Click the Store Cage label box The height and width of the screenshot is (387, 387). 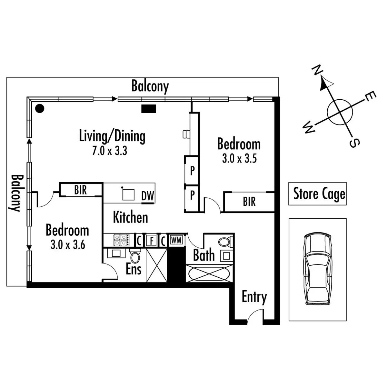(x=317, y=194)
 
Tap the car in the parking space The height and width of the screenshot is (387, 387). (x=318, y=269)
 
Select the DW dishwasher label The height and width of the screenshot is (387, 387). (x=148, y=196)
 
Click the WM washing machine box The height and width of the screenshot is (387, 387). (x=176, y=240)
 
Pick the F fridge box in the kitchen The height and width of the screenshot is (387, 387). (x=151, y=241)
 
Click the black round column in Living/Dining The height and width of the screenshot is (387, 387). (x=40, y=109)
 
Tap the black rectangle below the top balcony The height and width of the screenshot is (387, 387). (x=149, y=109)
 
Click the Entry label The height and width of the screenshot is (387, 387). (x=254, y=297)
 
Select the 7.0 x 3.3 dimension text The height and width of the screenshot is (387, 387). (x=109, y=151)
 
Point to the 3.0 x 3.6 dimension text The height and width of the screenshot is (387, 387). (x=68, y=245)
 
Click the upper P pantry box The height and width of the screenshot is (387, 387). (x=192, y=171)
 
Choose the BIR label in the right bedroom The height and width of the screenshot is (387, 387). (x=249, y=202)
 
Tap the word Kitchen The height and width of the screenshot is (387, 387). (x=130, y=217)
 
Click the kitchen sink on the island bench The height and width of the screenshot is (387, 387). (x=128, y=194)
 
